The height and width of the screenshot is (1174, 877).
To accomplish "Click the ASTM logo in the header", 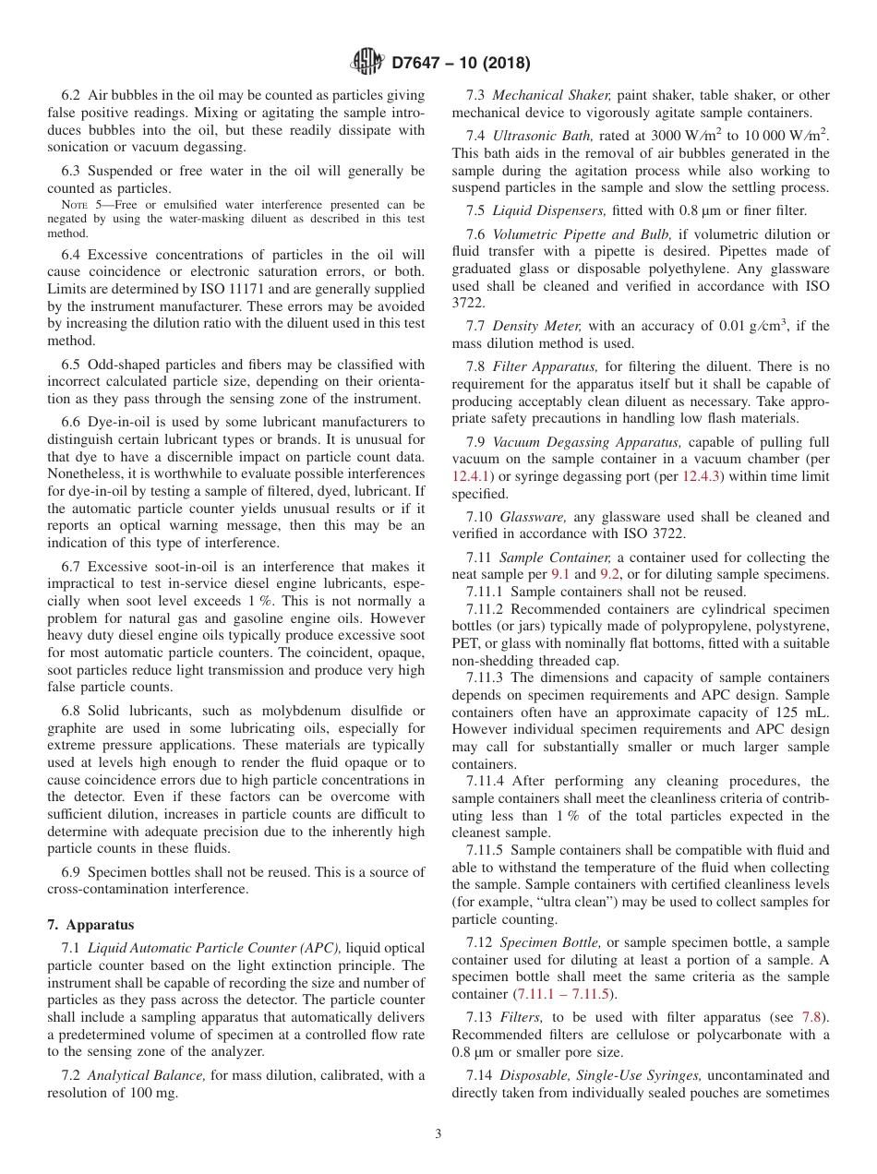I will [368, 63].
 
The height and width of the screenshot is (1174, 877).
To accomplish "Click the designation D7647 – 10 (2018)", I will [460, 64].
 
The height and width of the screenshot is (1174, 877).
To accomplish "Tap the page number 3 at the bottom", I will [438, 1133].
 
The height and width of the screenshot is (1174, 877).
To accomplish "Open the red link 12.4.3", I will [700, 476].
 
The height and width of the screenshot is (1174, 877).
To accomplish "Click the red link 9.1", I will [561, 574].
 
